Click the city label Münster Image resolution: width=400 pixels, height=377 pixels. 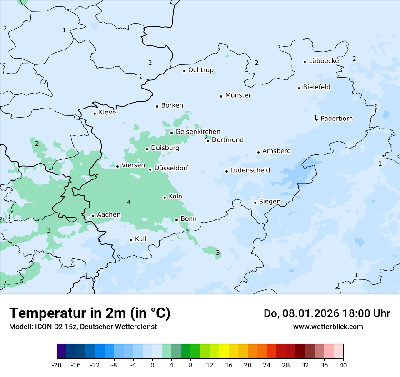click(x=238, y=95)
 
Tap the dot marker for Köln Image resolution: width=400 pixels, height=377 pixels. click(x=165, y=198)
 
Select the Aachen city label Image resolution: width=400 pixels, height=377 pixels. click(x=109, y=215)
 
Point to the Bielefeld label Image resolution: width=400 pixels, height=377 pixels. click(x=316, y=87)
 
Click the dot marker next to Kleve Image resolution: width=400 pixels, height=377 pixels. click(x=95, y=114)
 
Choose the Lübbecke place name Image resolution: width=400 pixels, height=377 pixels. click(x=324, y=61)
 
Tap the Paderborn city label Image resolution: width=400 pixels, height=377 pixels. click(x=336, y=119)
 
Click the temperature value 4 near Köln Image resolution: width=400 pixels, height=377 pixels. click(x=129, y=202)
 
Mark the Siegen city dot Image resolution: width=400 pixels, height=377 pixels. click(x=255, y=203)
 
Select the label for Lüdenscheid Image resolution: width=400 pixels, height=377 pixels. click(x=250, y=170)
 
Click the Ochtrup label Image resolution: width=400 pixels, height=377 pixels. click(x=200, y=70)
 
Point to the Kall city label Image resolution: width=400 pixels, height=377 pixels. click(x=140, y=239)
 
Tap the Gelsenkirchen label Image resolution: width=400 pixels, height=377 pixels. click(x=198, y=132)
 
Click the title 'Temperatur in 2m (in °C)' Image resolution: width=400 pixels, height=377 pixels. click(x=90, y=313)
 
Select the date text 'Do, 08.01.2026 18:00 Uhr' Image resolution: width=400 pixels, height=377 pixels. click(x=327, y=313)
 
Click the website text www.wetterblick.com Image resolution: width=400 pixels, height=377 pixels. click(x=328, y=327)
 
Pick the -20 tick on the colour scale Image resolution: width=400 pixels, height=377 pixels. click(x=57, y=365)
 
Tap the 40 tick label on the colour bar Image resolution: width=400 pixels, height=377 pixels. click(x=343, y=365)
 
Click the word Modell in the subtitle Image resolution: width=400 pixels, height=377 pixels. click(x=20, y=327)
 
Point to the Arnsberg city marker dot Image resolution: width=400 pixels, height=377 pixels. click(x=258, y=152)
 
